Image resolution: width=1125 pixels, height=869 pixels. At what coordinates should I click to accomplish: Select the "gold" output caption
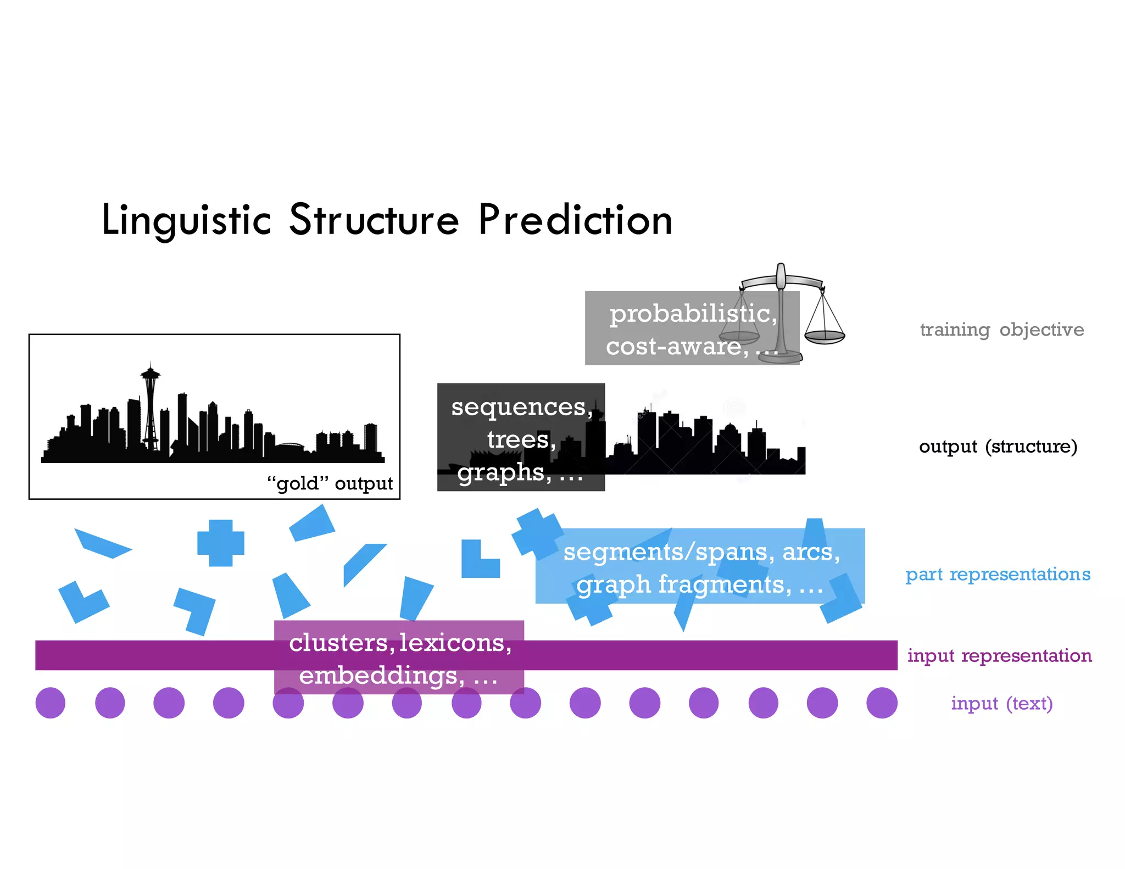point(330,483)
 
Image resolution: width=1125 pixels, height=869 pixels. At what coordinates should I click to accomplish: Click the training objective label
point(1002,330)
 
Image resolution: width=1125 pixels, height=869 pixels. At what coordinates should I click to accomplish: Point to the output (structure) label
point(998,447)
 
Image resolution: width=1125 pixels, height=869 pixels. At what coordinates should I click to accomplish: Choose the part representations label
point(998,574)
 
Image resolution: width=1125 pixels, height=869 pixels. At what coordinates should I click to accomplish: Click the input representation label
point(999,655)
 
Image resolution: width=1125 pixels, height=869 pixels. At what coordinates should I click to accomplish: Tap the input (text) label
point(1001,703)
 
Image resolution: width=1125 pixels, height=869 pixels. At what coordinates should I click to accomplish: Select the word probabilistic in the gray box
point(693,314)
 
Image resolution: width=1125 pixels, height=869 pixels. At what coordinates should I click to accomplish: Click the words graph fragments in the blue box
point(684,584)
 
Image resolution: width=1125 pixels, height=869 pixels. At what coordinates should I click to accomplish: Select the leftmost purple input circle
point(51,703)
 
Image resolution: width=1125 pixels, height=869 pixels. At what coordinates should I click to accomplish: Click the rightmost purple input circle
point(882,703)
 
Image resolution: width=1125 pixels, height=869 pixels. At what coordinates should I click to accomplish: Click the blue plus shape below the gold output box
point(221,543)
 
